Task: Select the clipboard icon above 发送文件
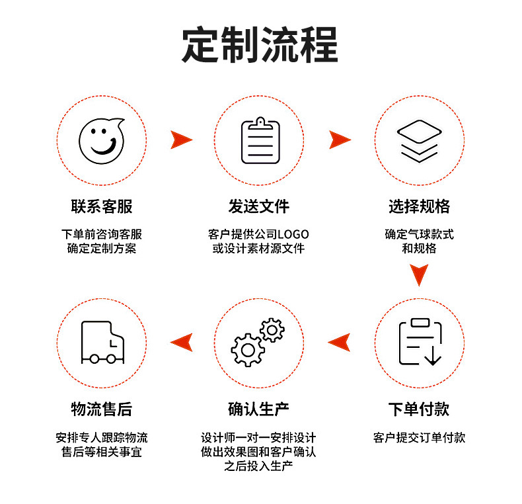[x=260, y=140]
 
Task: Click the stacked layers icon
[x=418, y=140]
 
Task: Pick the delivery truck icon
[x=101, y=343]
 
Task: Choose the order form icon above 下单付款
[x=420, y=342]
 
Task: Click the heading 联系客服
[x=102, y=206]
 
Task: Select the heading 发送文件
[x=259, y=206]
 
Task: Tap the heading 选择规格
[x=419, y=206]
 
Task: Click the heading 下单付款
[x=419, y=409]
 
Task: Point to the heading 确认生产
[x=259, y=409]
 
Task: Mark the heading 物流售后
[x=102, y=409]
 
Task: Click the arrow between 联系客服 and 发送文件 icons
[x=180, y=140]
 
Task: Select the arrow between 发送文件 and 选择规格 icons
[x=339, y=140]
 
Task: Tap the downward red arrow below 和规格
[x=419, y=274]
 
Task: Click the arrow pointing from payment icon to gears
[x=339, y=342]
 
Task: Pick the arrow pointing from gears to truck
[x=180, y=342]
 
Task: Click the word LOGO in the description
[x=293, y=234]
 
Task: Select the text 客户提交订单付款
[x=419, y=438]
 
